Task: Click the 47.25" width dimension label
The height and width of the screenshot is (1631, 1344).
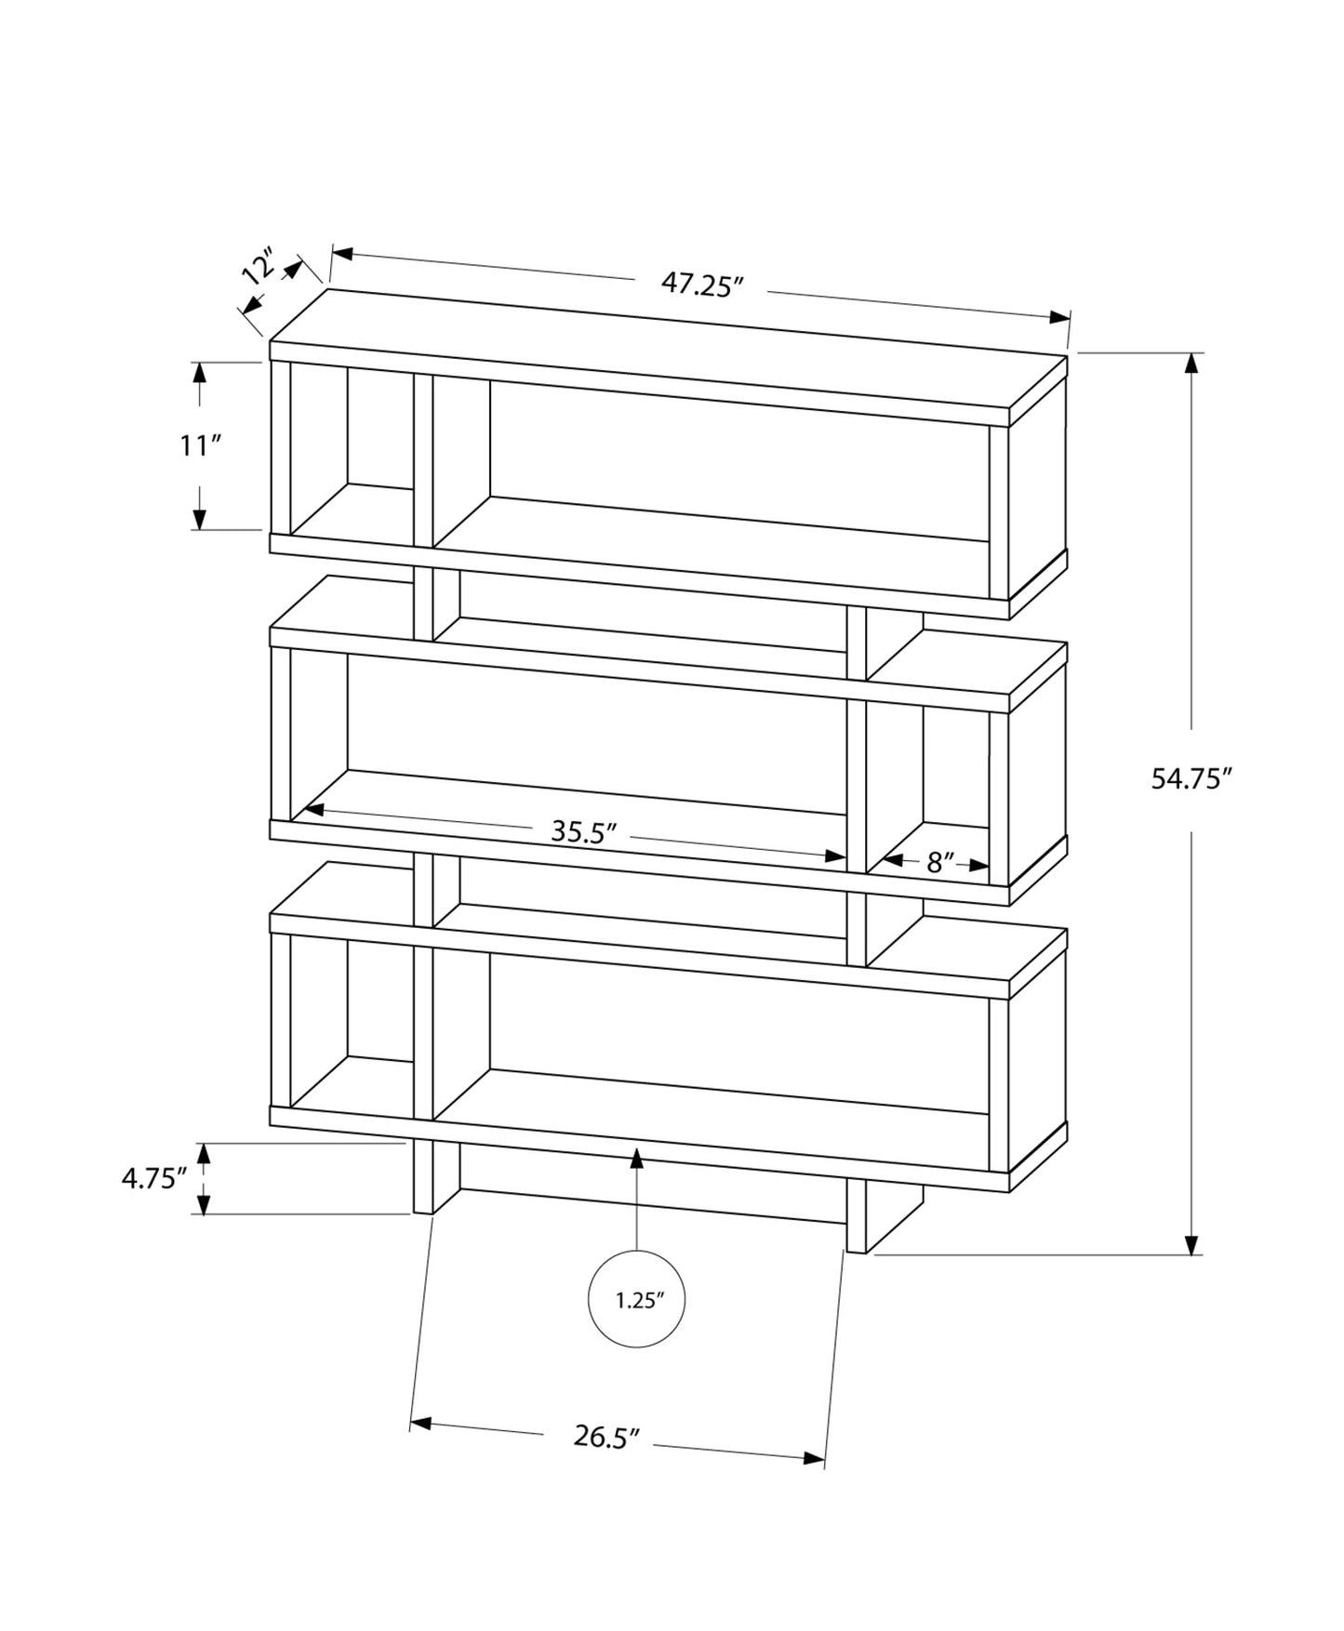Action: pos(704,284)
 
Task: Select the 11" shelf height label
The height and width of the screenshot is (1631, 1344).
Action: pos(199,446)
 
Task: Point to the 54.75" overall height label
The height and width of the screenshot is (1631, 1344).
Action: pos(1191,779)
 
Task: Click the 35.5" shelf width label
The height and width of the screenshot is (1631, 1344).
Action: pos(584,831)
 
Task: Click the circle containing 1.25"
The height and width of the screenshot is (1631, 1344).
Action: pos(637,1300)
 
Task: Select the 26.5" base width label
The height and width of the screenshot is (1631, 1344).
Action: pos(606,1437)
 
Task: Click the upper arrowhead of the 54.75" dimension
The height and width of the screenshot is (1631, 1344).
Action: pos(1191,364)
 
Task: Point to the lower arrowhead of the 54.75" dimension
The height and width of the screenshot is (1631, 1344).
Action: pos(1191,1245)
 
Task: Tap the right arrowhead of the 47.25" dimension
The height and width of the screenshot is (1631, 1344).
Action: pos(1059,317)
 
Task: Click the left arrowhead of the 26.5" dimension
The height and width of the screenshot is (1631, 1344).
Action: pos(420,1424)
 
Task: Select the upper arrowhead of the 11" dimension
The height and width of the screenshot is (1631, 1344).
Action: pos(199,372)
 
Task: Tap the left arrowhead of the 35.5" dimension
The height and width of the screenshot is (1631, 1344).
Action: pos(313,810)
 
